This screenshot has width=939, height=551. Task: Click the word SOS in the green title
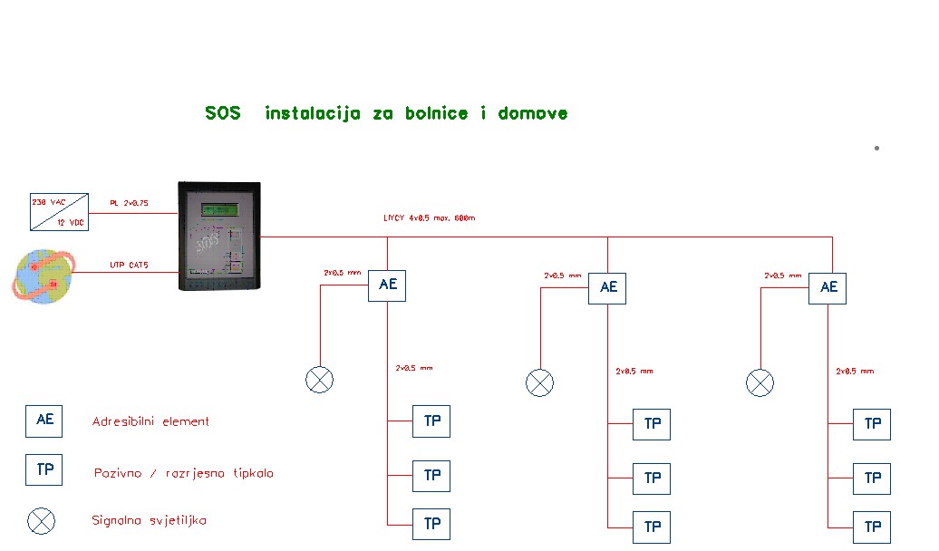point(223,113)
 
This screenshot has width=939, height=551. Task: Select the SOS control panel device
point(218,237)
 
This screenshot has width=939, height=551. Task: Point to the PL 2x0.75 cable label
point(129,203)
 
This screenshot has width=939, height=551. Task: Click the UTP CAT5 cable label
point(130,266)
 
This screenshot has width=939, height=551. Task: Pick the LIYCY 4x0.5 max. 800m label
point(430,218)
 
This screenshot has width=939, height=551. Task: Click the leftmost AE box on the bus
point(387,285)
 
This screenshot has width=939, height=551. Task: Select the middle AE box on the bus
point(607,287)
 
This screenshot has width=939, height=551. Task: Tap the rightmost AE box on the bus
point(828,287)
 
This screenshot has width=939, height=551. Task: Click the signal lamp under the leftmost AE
point(320,380)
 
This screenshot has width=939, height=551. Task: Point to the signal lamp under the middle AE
point(539,382)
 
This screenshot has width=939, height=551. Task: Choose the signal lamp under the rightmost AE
point(760,382)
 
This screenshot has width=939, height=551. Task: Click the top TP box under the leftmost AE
point(431,421)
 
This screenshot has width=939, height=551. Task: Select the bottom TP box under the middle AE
point(652,527)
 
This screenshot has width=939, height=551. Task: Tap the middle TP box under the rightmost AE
point(872,478)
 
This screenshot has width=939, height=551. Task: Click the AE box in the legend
point(44,420)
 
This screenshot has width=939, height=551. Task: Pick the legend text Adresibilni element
point(150,421)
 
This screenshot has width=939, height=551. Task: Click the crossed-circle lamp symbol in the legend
point(42,521)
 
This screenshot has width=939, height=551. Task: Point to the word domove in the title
point(533,113)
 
